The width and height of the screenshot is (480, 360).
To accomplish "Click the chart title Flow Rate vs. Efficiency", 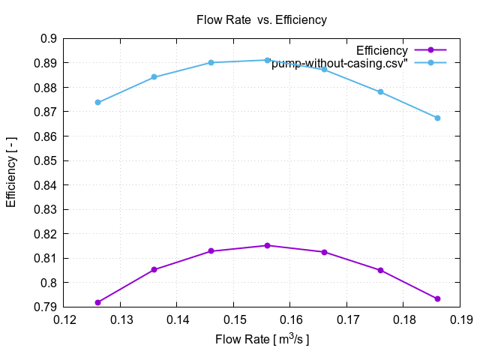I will [x=261, y=19].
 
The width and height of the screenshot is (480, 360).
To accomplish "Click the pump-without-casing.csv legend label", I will [x=339, y=63].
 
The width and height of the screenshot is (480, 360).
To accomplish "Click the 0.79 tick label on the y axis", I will [x=47, y=307].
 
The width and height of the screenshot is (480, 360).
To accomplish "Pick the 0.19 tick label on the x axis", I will [x=460, y=320].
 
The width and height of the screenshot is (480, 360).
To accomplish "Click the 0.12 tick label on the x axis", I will [x=64, y=320].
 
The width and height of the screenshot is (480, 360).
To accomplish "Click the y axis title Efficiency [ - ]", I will [x=11, y=172].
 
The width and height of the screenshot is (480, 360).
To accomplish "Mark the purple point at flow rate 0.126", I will [x=98, y=302].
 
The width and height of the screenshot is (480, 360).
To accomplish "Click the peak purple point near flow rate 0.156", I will [x=267, y=245].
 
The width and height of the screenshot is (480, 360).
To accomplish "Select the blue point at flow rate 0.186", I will [x=437, y=118].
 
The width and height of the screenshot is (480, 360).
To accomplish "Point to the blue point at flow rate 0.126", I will [x=98, y=102].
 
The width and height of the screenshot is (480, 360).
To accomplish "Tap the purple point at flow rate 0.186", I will [x=437, y=298].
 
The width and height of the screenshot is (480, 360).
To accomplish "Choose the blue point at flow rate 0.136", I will [x=154, y=77].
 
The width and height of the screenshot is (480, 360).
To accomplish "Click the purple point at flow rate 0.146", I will [x=211, y=250].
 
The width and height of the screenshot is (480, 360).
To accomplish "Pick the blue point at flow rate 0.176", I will [x=380, y=91].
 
